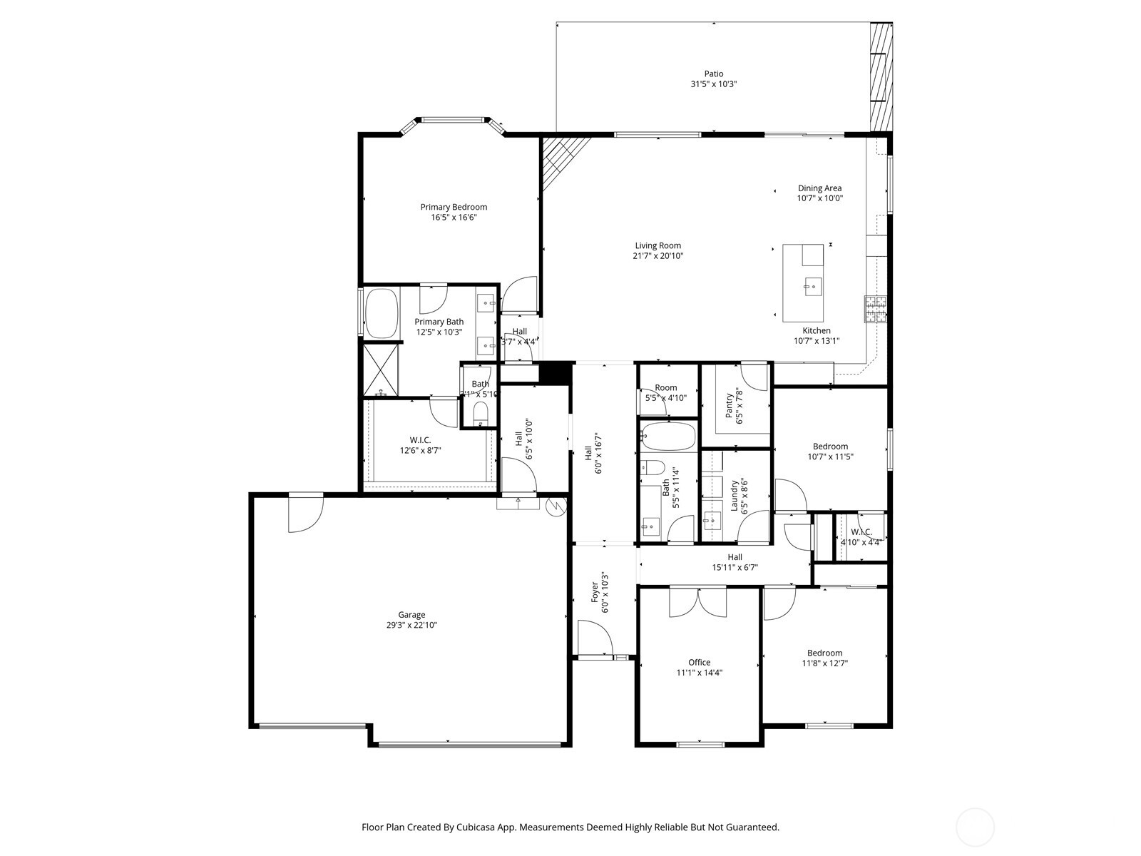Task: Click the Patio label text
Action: coord(713,73)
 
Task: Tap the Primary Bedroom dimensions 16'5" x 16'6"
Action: coord(454,218)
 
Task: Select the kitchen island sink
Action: coord(812,287)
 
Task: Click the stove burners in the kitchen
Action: coord(876,309)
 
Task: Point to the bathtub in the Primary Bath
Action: coord(382,313)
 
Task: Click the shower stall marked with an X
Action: coord(382,370)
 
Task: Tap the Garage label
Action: coord(411,615)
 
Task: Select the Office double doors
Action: coord(698,602)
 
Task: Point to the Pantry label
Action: coord(730,407)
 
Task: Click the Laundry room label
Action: coord(734,496)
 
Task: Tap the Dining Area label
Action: coord(819,188)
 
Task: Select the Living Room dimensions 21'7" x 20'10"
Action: coord(658,256)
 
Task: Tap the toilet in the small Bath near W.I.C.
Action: coord(480,413)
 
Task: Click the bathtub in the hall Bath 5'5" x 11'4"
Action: coord(667,436)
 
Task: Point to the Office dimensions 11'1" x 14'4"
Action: coord(699,673)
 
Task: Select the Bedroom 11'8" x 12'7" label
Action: coord(824,653)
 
